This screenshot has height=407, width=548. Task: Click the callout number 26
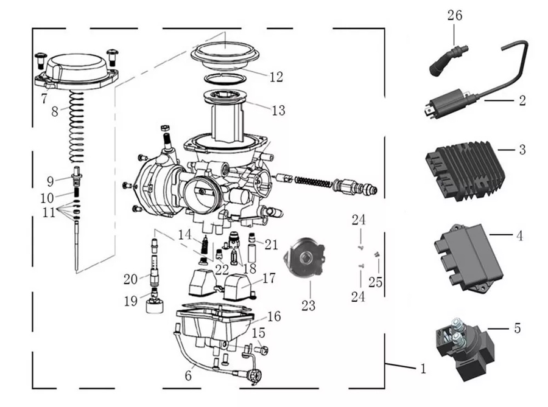[x=455, y=15]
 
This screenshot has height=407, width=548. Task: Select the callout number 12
[x=276, y=77]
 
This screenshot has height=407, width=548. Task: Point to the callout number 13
[x=278, y=110]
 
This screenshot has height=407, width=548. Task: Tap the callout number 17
[x=269, y=278]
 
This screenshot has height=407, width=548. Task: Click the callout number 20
[x=131, y=279]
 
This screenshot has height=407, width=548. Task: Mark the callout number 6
[x=188, y=376]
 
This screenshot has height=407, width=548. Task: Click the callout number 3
[x=522, y=150]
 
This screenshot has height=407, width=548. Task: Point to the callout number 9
[x=50, y=180]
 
